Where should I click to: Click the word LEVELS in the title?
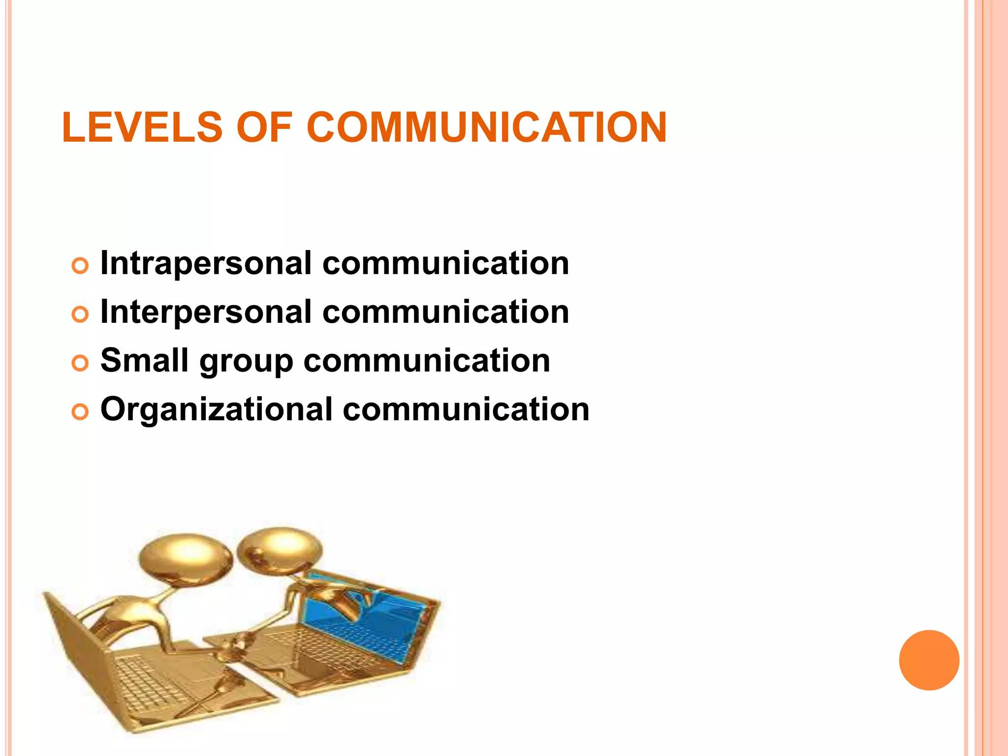tap(142, 127)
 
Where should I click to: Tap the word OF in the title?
tap(265, 127)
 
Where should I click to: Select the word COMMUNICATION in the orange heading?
tap(487, 127)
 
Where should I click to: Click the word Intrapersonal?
tap(206, 263)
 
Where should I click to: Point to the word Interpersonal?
tap(206, 312)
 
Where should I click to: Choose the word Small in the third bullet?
tap(144, 360)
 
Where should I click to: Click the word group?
tap(246, 362)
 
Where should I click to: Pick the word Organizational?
tap(217, 409)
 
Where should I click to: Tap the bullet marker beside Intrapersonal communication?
tap(80, 266)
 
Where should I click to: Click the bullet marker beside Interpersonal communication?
tap(80, 314)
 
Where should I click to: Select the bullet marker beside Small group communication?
tap(80, 363)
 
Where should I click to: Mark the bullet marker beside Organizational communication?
tap(80, 411)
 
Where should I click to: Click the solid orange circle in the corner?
tap(929, 660)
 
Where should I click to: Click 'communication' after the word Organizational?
tap(466, 409)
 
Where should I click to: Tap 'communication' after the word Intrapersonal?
tap(445, 263)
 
